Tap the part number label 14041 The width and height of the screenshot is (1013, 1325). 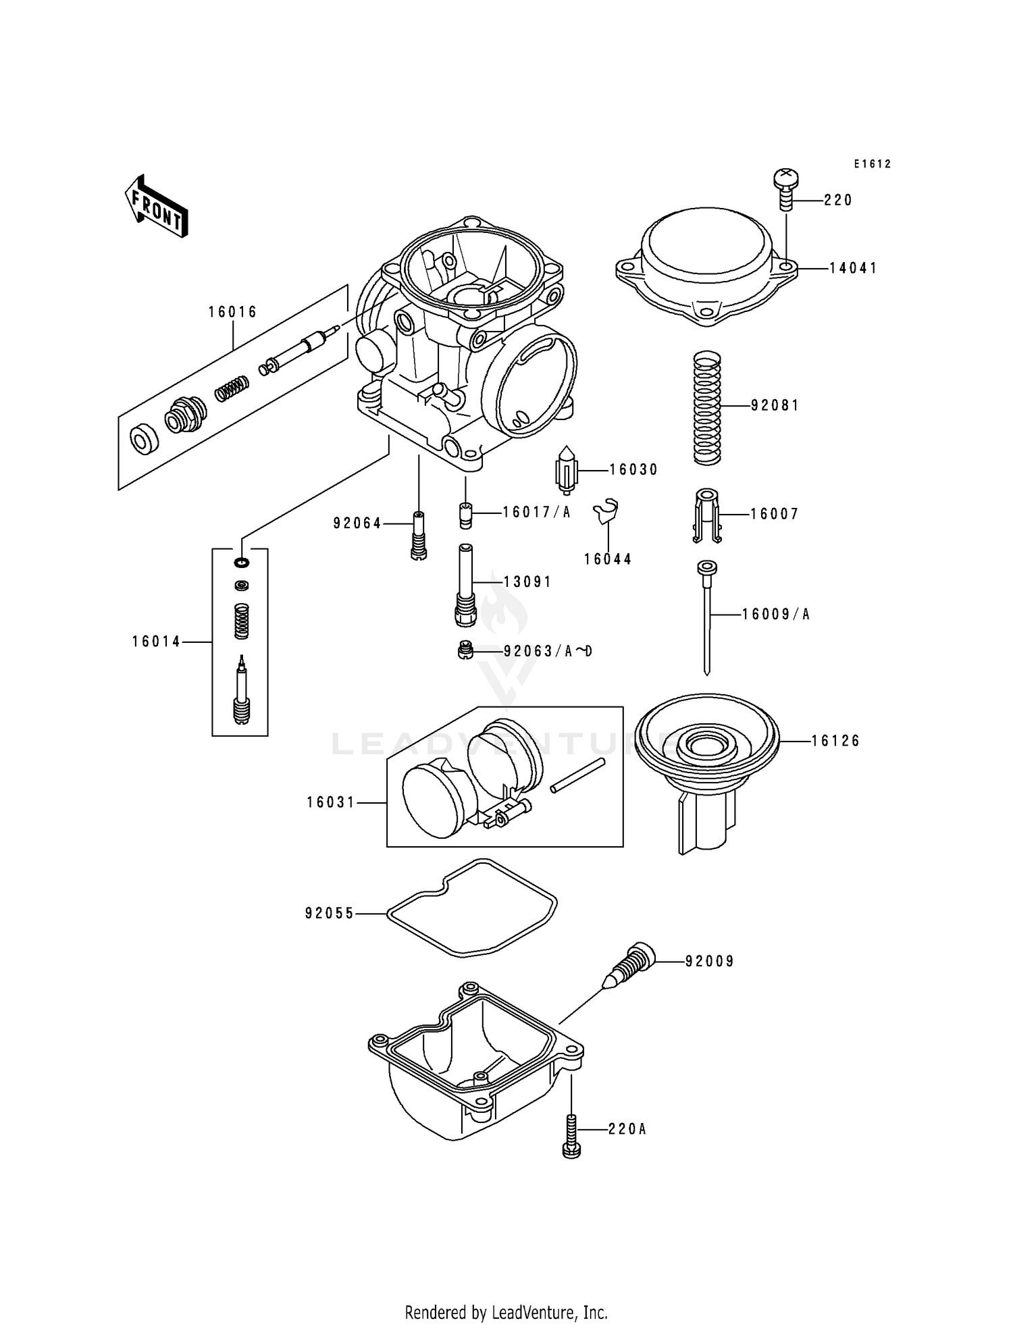pyautogui.click(x=853, y=268)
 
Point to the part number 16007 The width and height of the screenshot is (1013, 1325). pyautogui.click(x=775, y=514)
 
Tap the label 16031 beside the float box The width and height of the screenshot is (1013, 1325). pyautogui.click(x=331, y=802)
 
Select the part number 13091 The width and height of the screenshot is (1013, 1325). pyautogui.click(x=527, y=581)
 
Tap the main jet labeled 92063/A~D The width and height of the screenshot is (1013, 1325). pyautogui.click(x=463, y=650)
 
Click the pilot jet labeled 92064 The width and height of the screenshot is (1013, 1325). pyautogui.click(x=419, y=534)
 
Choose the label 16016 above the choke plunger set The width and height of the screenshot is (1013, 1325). pyautogui.click(x=232, y=312)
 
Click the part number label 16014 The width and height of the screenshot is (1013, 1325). pyautogui.click(x=156, y=642)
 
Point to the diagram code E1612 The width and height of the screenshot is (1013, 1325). pyautogui.click(x=873, y=164)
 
